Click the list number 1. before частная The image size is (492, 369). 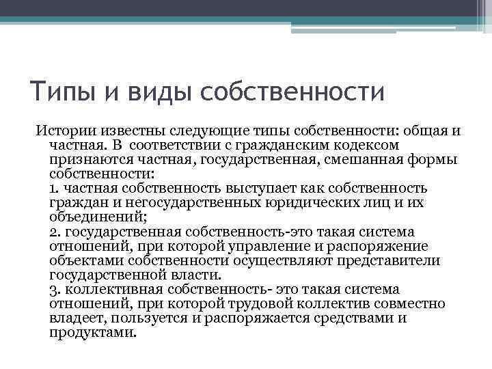click(55, 188)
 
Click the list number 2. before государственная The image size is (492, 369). click(55, 232)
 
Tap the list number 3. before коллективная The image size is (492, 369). click(55, 290)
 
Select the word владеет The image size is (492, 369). click(75, 319)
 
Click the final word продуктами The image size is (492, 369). click(93, 333)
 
